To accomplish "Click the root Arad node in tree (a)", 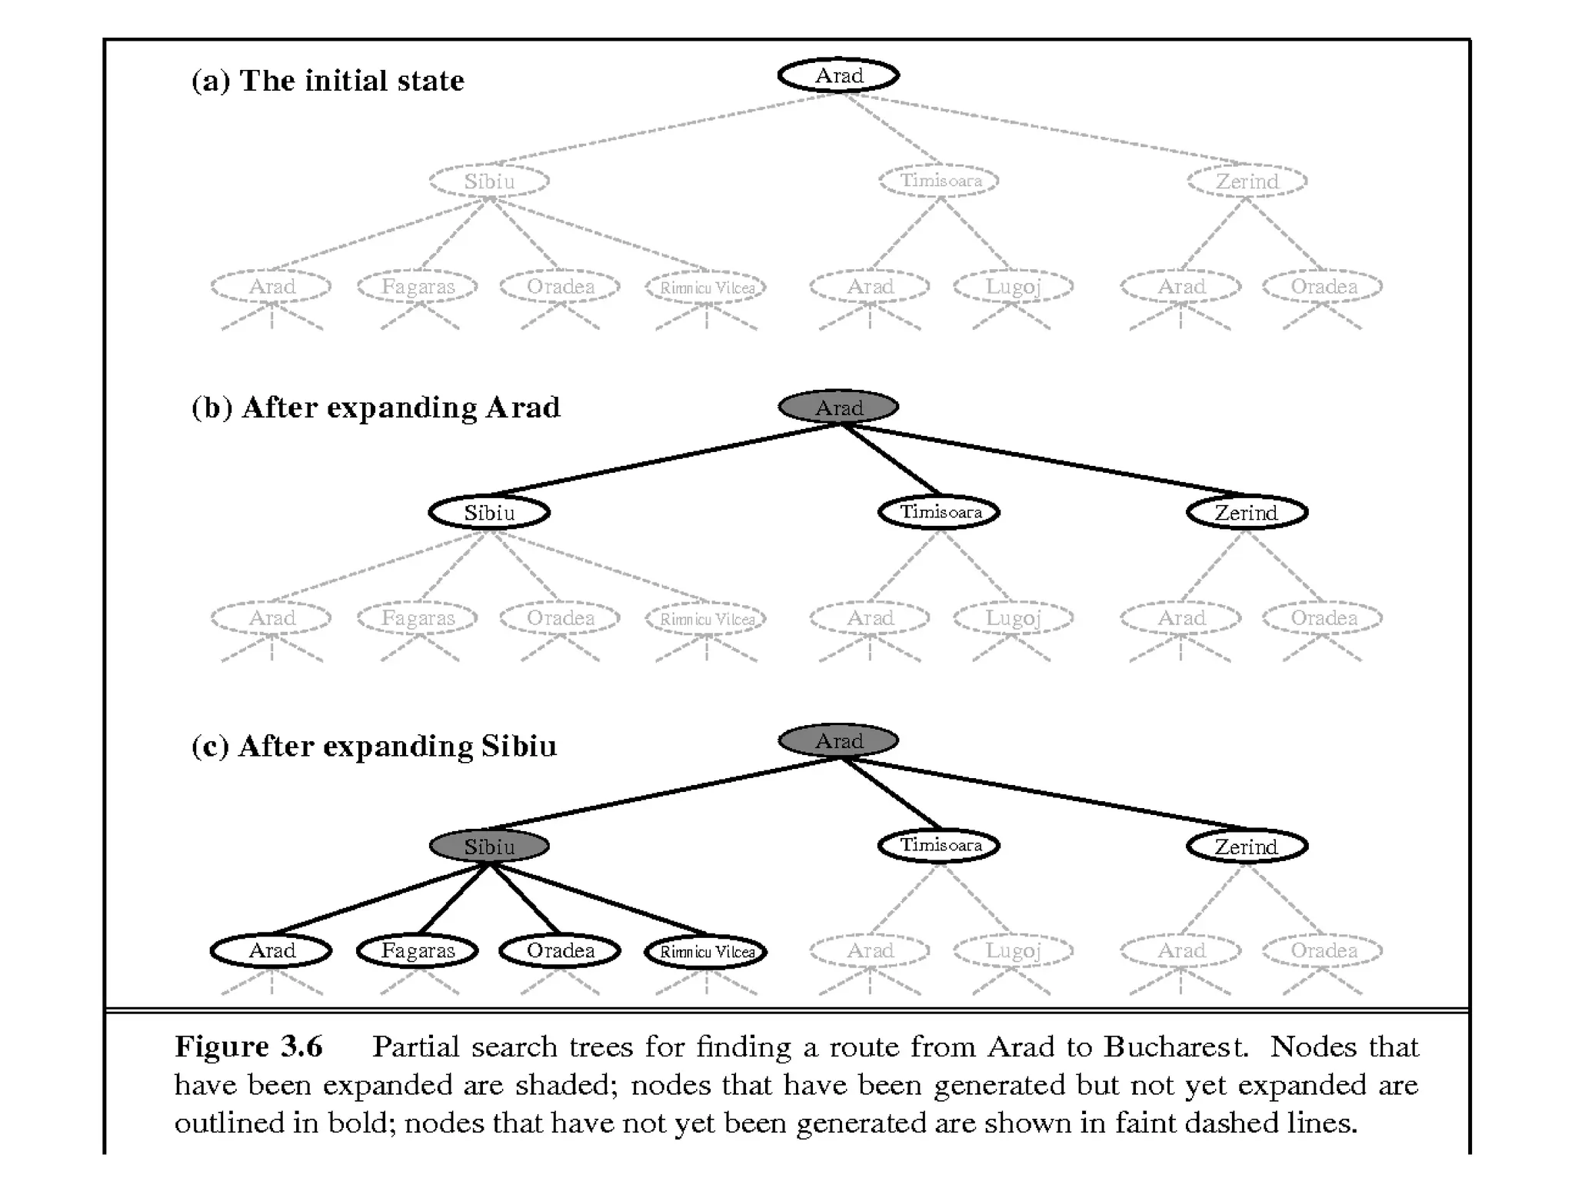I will (838, 75).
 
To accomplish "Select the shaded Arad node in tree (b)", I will (838, 407).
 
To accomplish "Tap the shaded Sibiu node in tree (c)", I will (489, 846).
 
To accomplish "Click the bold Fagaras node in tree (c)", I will (418, 950).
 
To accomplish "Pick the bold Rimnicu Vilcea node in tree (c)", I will (706, 951).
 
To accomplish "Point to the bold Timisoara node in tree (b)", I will (939, 512).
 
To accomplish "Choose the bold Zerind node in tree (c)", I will (1247, 846).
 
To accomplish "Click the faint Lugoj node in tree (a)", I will (1013, 287).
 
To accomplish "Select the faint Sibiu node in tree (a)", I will (489, 181).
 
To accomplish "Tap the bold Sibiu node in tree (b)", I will (489, 512).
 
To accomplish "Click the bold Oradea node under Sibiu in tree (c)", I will (560, 950).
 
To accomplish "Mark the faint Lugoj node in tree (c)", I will (1013, 950).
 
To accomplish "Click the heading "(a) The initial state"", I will (328, 81).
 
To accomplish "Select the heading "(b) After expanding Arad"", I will (376, 408).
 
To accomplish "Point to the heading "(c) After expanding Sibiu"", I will (374, 746).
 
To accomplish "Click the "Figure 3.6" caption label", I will (248, 1046).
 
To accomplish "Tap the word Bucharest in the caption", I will (1175, 1046).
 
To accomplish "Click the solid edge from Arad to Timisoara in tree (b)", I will (891, 459).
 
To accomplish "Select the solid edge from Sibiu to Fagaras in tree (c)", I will (454, 898).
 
